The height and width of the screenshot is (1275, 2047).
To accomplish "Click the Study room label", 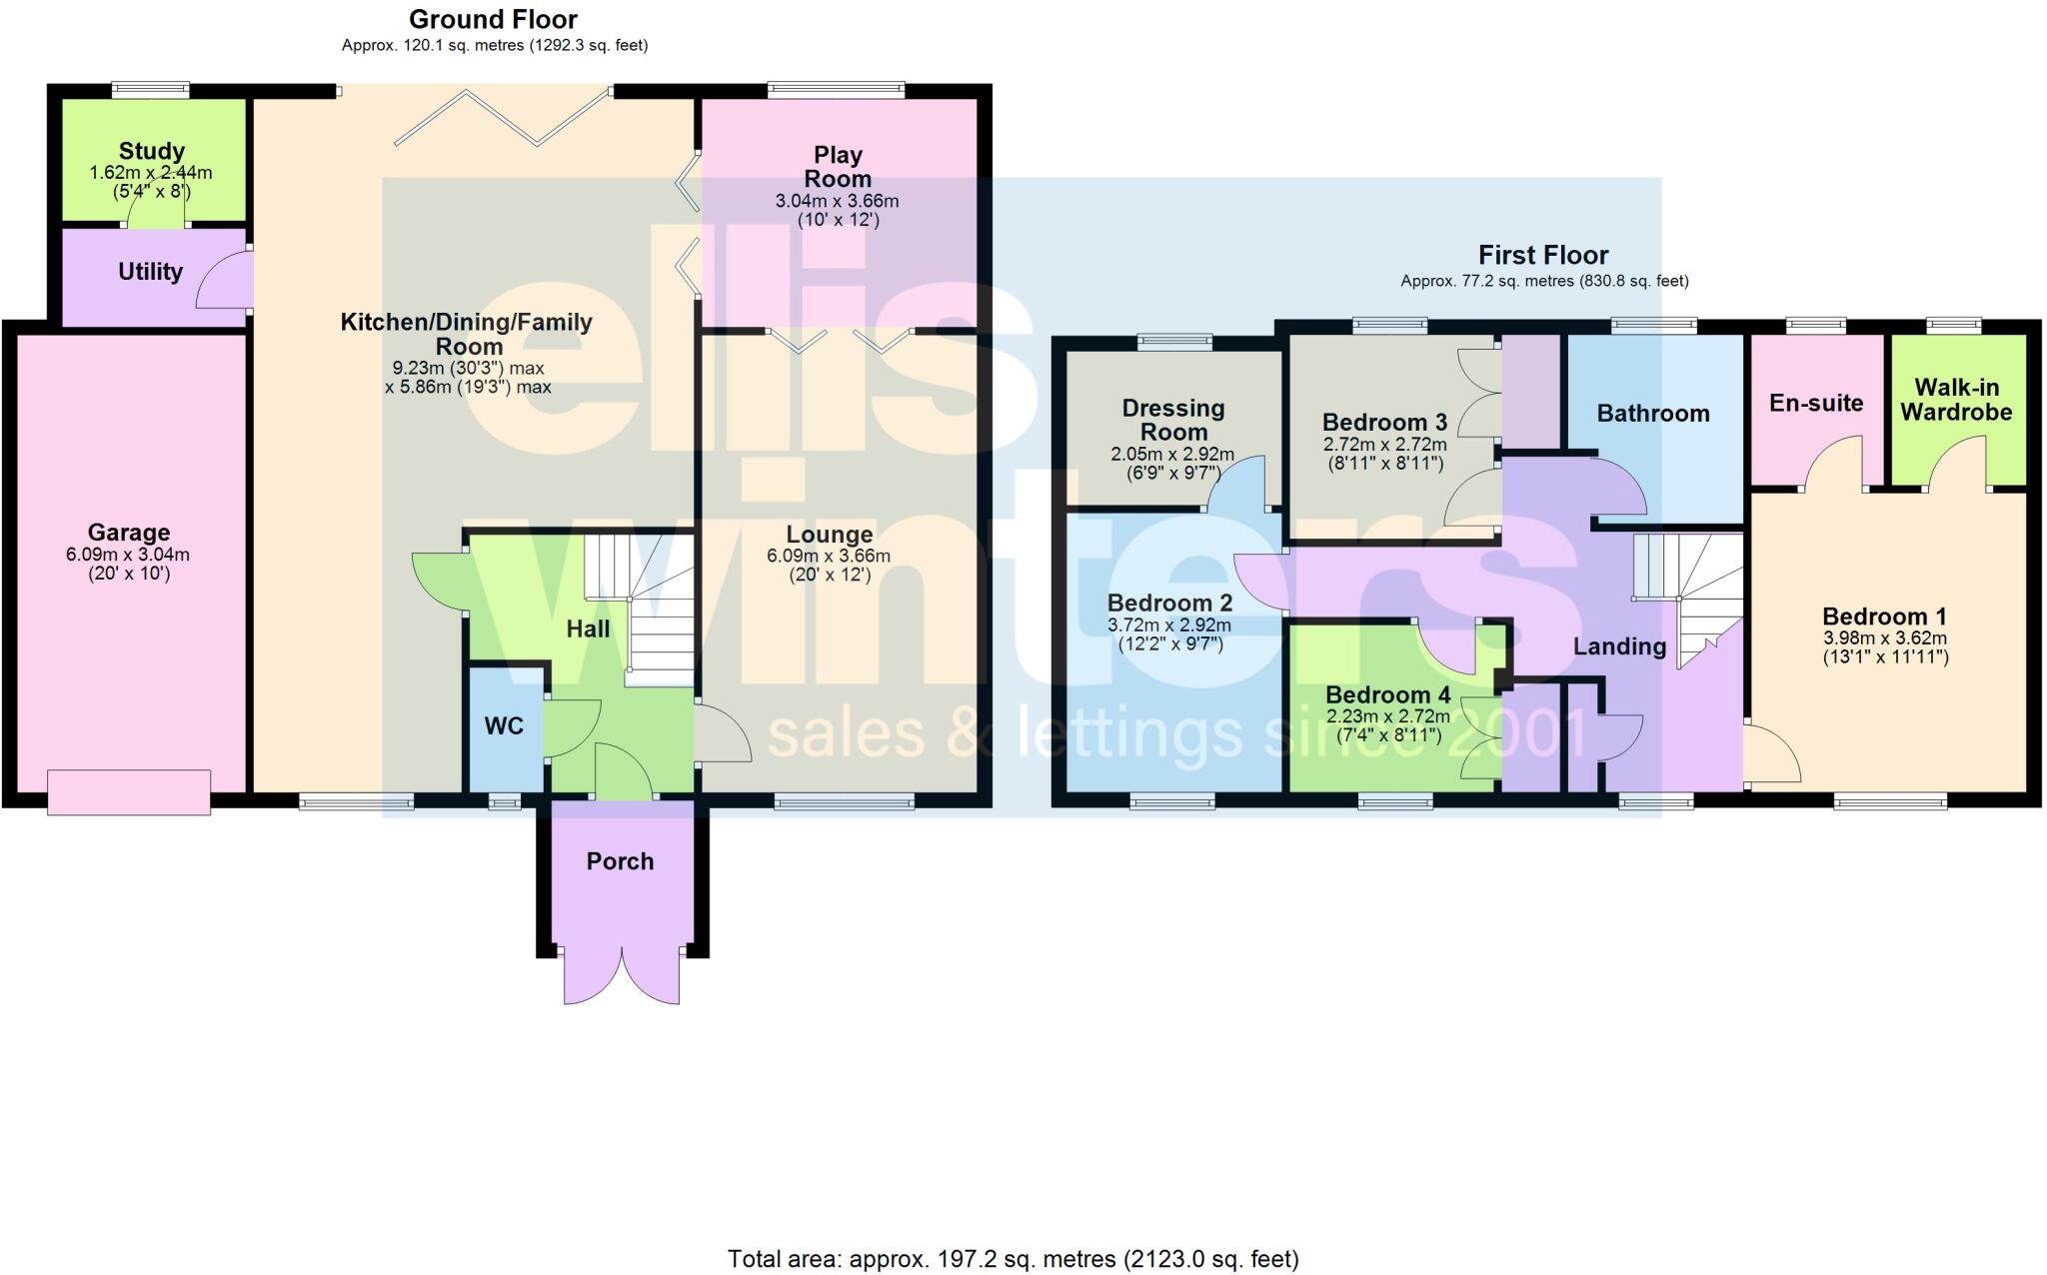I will (151, 151).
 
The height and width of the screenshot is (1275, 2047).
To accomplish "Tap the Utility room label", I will (150, 272).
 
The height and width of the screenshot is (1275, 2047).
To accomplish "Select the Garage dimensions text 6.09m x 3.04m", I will (128, 555).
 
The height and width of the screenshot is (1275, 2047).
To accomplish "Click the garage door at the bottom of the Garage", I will (129, 791).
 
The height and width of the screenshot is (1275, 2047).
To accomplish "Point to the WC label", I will (504, 726).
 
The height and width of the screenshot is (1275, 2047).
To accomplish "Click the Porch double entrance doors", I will (621, 974).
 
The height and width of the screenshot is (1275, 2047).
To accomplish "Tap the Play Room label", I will (838, 167).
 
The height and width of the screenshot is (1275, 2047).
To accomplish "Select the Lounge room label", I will (829, 535).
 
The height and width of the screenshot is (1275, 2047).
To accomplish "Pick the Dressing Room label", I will (1172, 420).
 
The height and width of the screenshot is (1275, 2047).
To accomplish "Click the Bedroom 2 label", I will (1169, 604).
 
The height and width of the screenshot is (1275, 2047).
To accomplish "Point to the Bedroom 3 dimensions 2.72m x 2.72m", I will (1384, 445).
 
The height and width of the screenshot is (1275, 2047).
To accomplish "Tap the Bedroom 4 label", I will (1387, 695).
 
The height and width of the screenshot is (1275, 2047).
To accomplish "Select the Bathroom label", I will (1653, 414).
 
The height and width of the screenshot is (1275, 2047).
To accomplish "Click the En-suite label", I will (1816, 404).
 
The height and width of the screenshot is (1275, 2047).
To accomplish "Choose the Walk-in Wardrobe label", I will (1956, 400).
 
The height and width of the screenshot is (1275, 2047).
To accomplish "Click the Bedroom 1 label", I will (1884, 618).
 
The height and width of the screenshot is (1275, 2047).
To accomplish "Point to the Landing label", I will (1619, 646).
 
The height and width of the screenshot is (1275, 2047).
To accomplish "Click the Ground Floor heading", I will (493, 19).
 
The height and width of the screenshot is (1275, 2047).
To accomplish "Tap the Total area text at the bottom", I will (1013, 1259).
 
